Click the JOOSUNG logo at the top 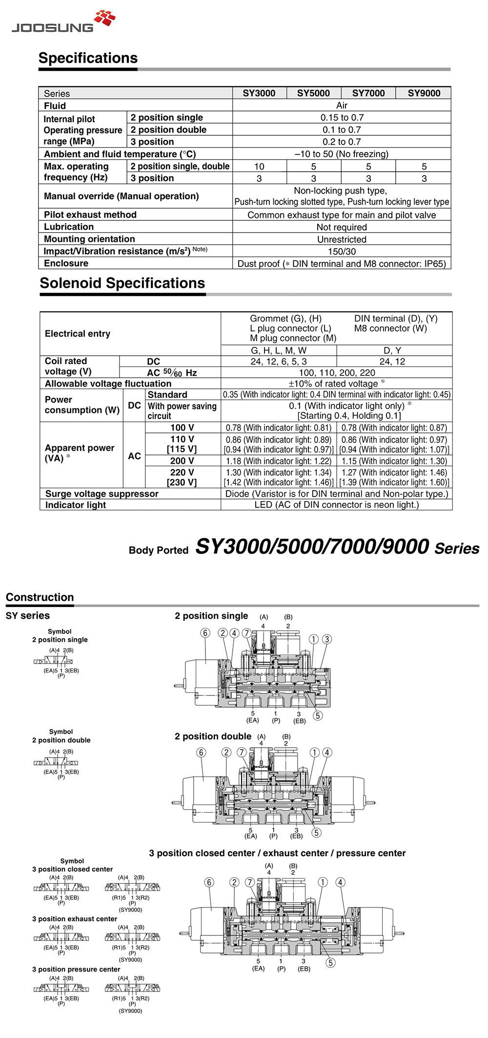point(63,22)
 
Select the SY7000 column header point(368,93)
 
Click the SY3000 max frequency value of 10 point(259,167)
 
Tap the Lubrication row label point(69,227)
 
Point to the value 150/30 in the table point(342,251)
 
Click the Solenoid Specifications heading point(122,283)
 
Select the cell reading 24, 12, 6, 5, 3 point(279,362)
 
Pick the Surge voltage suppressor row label point(102,494)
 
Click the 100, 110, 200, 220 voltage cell point(337,373)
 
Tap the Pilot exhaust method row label point(90,215)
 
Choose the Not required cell point(342,227)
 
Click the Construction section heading point(40,597)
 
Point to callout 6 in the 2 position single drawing point(205,633)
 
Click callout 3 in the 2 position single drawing point(327,639)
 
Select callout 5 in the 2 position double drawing point(316,833)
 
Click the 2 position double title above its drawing point(213,736)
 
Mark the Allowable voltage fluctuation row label point(108,384)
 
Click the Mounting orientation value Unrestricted point(342,239)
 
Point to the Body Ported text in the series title point(159,550)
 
